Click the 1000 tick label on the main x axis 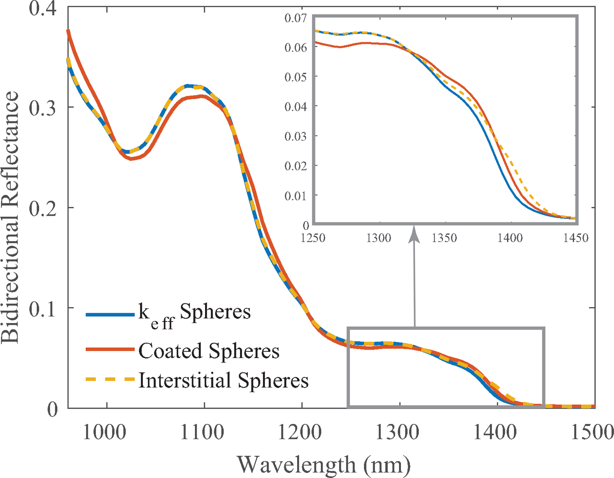[104, 433]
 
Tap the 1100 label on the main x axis [202, 433]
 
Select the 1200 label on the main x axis [300, 433]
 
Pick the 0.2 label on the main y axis [42, 209]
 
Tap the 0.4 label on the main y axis [42, 9]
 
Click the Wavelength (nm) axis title [324, 465]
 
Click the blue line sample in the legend [110, 315]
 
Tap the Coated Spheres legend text [209, 351]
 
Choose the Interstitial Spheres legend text [223, 380]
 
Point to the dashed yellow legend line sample [110, 379]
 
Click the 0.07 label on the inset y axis [296, 18]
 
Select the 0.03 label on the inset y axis [296, 136]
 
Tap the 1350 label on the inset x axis [444, 238]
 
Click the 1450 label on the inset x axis [576, 238]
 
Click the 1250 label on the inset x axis [313, 238]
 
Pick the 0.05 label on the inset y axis [296, 77]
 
